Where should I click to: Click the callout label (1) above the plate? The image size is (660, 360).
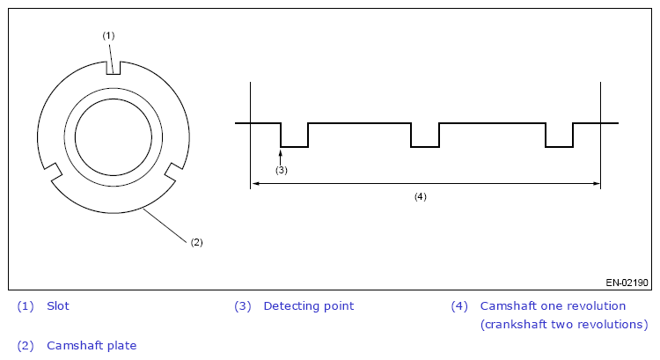pos(108,36)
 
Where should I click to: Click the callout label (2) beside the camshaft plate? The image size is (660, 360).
pos(196,242)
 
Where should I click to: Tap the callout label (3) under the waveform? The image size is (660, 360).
pos(282,170)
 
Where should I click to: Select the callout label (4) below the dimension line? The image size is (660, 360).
pos(420,196)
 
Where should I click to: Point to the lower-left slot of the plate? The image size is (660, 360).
pos(53,172)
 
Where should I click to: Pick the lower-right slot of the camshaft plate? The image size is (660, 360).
pos(174,172)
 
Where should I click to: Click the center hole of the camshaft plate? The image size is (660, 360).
pos(114,136)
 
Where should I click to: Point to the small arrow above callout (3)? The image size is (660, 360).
pos(281,156)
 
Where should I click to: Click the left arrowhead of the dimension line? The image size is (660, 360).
pos(254,184)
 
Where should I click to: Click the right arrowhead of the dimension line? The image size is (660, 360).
pos(597,184)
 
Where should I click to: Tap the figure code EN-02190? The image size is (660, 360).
pos(627,283)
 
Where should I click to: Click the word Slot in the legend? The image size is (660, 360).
pos(58,306)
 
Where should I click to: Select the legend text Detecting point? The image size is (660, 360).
pos(309,306)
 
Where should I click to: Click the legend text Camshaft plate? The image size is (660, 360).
pos(92,346)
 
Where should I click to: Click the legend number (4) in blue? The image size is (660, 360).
pos(459,306)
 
